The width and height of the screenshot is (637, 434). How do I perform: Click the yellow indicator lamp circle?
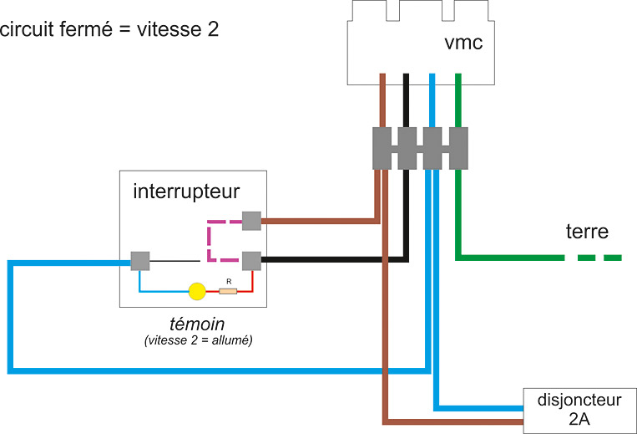click(196, 291)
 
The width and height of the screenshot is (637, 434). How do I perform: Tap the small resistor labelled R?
click(227, 291)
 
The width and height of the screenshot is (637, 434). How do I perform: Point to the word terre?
click(587, 231)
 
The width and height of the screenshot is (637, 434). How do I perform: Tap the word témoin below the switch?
click(196, 324)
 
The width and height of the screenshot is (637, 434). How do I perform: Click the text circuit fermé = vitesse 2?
click(110, 29)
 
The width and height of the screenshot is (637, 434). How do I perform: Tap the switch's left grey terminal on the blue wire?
click(139, 261)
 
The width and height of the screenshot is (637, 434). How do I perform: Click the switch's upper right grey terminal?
click(252, 221)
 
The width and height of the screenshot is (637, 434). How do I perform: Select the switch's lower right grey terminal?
click(252, 261)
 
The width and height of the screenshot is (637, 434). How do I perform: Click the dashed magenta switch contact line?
click(209, 241)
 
